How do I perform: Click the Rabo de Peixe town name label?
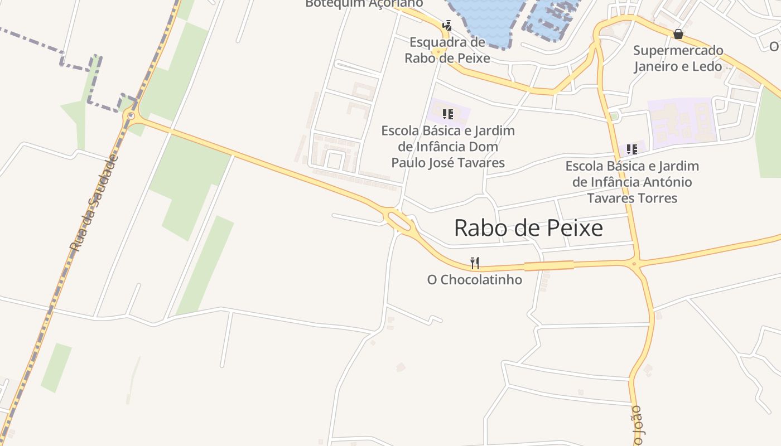pos(528,228)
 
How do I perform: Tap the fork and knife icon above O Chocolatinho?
pos(475,263)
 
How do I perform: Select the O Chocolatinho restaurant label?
pos(475,280)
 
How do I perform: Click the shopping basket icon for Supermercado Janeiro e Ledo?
pos(678,34)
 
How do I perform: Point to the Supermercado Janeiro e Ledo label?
pos(678,59)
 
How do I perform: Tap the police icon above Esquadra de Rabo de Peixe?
pos(447,25)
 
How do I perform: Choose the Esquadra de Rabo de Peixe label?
pos(447,50)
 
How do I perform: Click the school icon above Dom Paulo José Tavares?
pos(447,114)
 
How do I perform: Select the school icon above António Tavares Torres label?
pos(631,149)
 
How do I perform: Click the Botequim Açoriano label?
pos(364,3)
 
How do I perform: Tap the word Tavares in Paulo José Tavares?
pos(478,163)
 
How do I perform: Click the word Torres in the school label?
pos(659,198)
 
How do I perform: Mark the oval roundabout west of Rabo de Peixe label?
pos(398,220)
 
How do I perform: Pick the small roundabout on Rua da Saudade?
pos(131,116)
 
